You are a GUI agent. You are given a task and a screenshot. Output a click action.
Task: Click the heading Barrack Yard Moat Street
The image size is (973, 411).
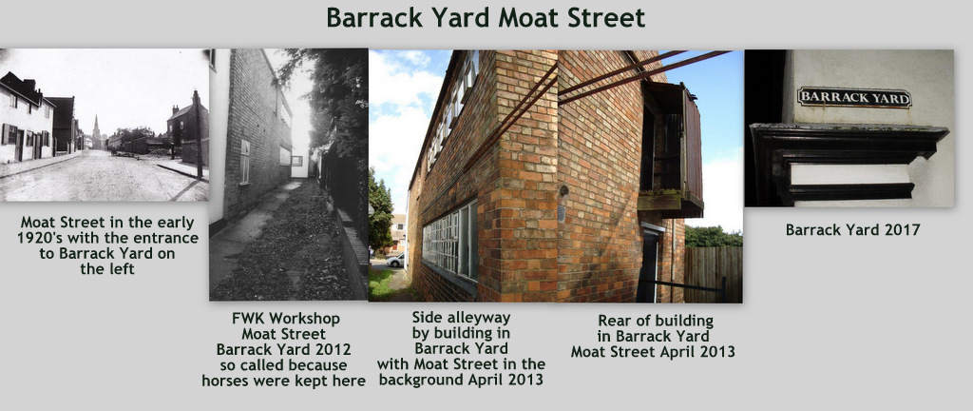(x=486, y=18)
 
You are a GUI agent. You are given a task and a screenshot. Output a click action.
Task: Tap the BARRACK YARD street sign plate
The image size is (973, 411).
(x=854, y=97)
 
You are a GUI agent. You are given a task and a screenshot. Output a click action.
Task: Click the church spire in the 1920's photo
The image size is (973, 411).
(x=96, y=128)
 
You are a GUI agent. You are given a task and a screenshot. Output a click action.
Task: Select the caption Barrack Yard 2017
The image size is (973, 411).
(x=852, y=229)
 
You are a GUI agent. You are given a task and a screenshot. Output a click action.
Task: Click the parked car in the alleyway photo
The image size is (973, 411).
(x=395, y=260)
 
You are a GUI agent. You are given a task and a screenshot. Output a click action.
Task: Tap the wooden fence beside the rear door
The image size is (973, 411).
(x=714, y=274)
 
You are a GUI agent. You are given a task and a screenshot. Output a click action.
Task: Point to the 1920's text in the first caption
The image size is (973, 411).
(x=41, y=238)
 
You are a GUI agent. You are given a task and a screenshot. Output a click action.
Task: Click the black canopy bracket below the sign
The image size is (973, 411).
(x=848, y=163)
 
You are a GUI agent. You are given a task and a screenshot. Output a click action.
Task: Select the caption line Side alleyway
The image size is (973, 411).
(x=461, y=318)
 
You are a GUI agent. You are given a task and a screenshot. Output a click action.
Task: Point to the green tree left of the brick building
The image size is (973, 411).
(x=380, y=211)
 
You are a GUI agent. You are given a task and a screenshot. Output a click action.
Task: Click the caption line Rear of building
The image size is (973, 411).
(x=656, y=321)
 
